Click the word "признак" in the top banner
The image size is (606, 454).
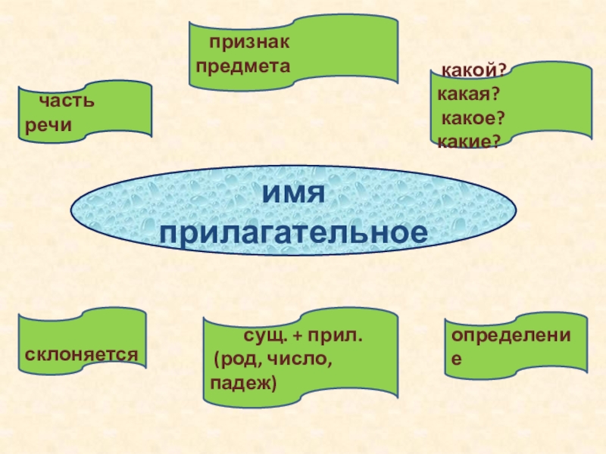click(250, 45)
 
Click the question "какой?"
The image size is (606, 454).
click(474, 70)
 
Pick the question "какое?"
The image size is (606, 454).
click(473, 118)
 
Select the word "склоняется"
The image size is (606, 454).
click(81, 353)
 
